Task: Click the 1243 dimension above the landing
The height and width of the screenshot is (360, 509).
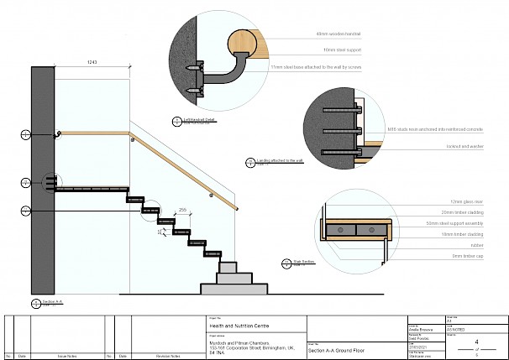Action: point(93,63)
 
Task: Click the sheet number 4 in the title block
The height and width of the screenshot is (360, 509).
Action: point(477,342)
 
